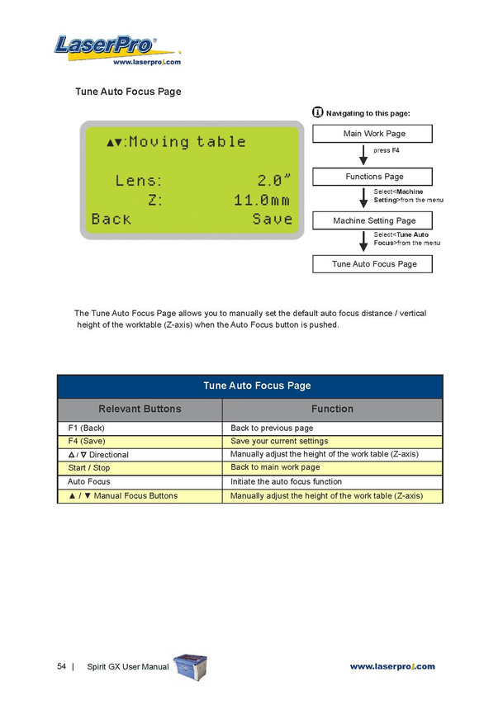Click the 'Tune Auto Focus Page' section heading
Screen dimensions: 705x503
pos(128,92)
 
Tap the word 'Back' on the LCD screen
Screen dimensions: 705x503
pos(112,219)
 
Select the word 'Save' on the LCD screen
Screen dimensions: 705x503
pos(273,219)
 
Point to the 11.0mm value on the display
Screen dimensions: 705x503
pos(262,200)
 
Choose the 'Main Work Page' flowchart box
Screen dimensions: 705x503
pos(374,134)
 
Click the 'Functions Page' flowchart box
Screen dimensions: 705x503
pos(374,177)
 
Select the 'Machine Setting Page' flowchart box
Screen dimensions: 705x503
pos(374,220)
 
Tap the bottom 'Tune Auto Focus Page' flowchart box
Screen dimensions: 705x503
pos(374,264)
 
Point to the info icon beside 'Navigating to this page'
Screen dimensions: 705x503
pos(318,112)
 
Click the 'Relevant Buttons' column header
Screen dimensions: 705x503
pos(140,409)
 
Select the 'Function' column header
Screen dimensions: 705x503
pos(332,409)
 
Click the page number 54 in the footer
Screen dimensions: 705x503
pos(62,666)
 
